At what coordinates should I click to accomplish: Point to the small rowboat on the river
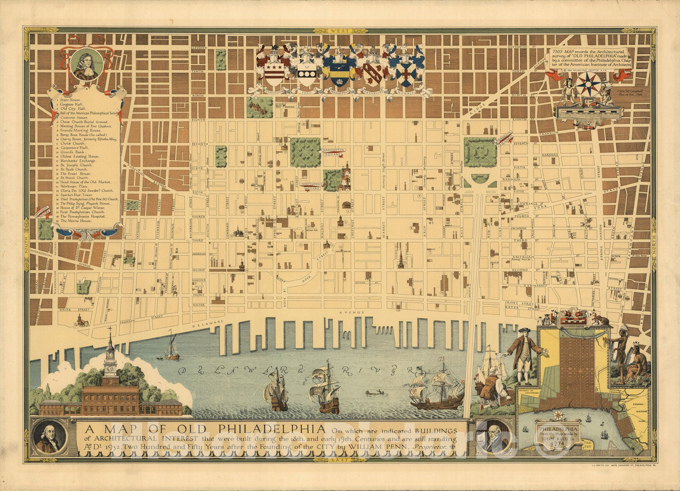[x=373, y=393]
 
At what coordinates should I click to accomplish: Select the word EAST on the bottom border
[x=340, y=460]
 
